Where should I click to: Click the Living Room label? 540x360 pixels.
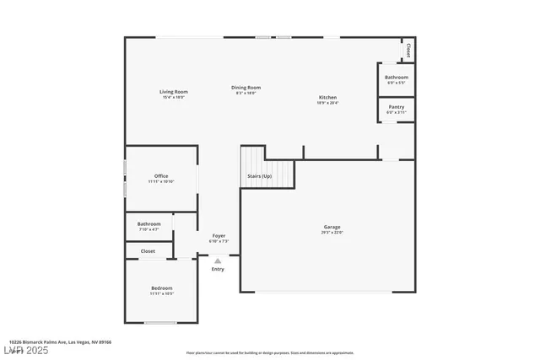(x=174, y=91)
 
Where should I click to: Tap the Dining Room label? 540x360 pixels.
(x=247, y=88)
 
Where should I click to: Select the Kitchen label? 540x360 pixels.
(x=328, y=97)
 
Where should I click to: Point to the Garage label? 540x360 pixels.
(x=332, y=226)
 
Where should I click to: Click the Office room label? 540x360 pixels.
(x=161, y=175)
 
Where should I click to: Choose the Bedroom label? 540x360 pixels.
(x=161, y=287)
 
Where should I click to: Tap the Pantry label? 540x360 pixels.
(x=397, y=107)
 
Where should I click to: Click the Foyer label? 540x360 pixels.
(x=219, y=235)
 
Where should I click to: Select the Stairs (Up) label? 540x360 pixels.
(x=259, y=176)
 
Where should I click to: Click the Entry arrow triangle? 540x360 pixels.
(x=218, y=261)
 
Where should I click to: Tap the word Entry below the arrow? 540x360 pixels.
(x=218, y=269)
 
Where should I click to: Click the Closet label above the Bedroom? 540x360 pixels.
(x=148, y=250)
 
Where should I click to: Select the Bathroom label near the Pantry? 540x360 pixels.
(x=397, y=77)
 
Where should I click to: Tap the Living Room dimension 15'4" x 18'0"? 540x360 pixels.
(x=174, y=97)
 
